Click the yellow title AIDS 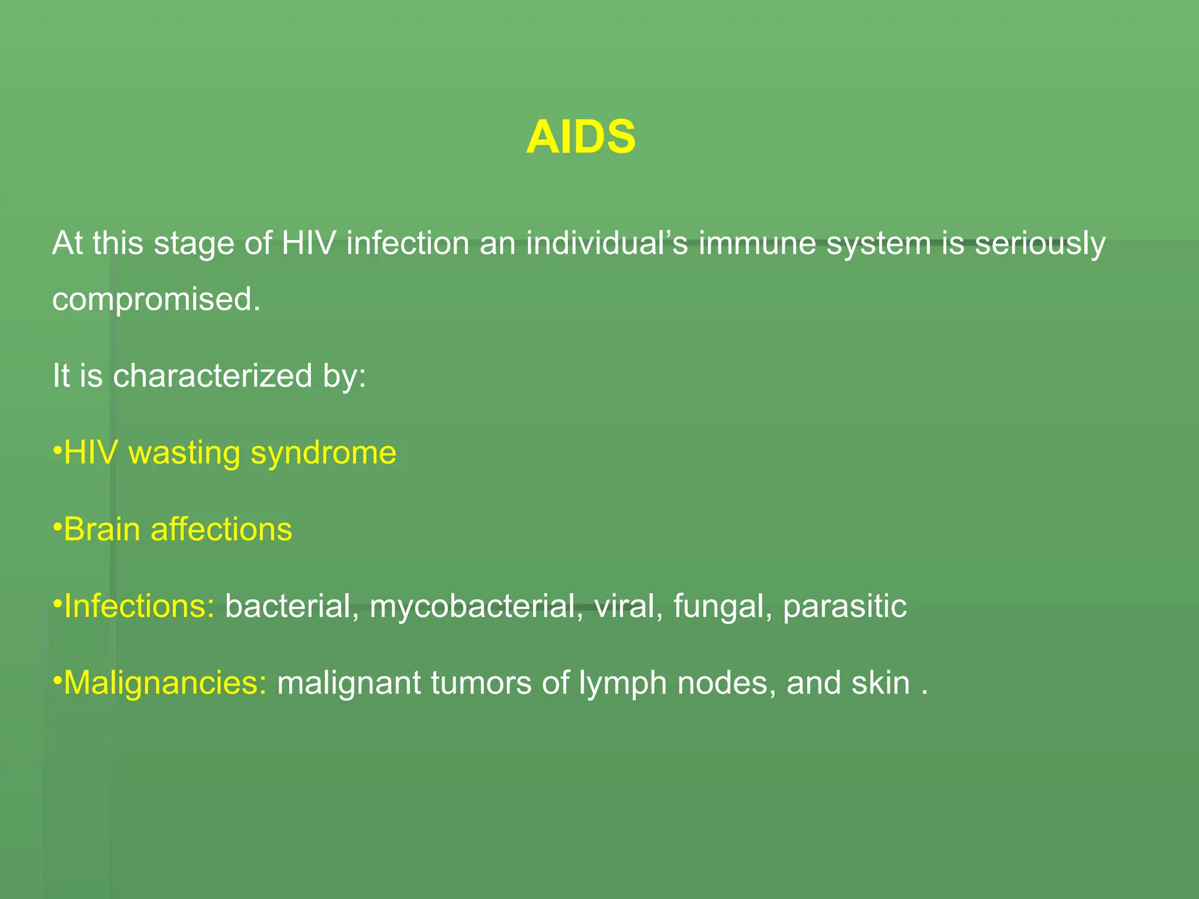[580, 137]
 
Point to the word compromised [156, 300]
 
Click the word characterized [213, 375]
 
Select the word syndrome [324, 454]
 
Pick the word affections [221, 529]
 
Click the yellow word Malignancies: [165, 683]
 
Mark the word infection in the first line [407, 243]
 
